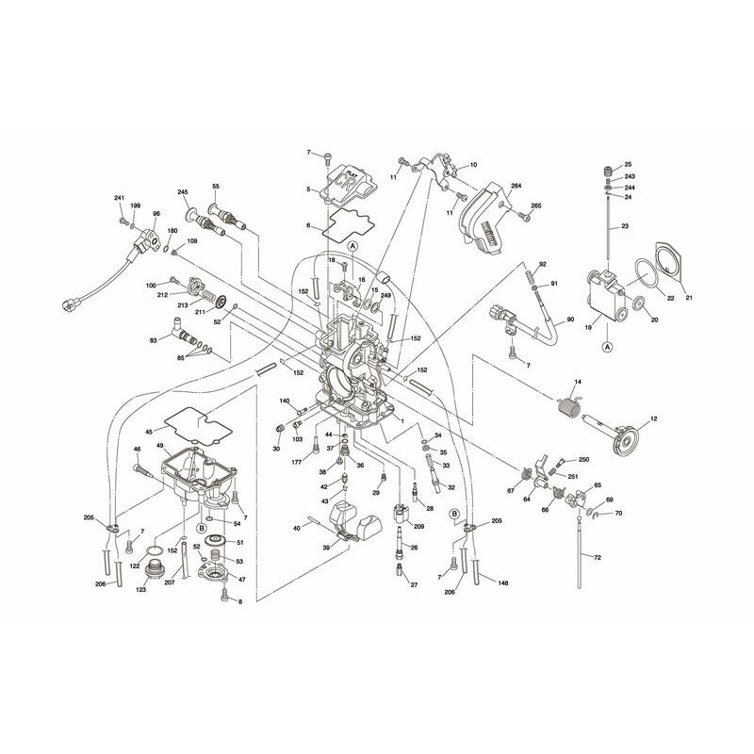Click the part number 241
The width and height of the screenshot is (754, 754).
(120, 198)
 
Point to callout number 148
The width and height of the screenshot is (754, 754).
(503, 583)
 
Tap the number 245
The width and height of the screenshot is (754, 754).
(183, 191)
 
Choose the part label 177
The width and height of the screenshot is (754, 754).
(295, 462)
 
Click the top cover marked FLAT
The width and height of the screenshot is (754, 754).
(343, 188)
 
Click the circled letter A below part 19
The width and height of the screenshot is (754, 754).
(606, 346)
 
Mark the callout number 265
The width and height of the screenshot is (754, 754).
(536, 205)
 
